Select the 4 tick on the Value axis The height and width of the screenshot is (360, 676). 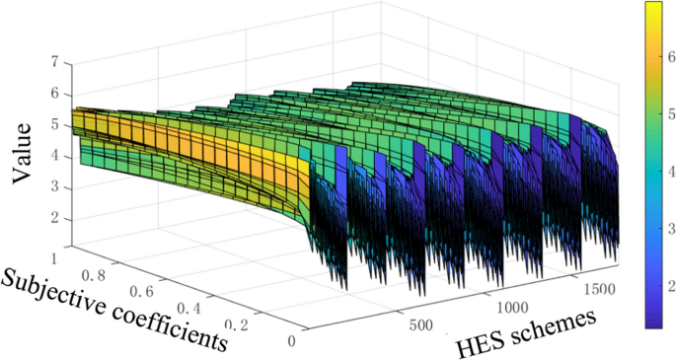(x=54, y=156)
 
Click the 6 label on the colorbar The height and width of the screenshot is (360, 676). (x=669, y=58)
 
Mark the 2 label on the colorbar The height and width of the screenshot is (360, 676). (x=669, y=286)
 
